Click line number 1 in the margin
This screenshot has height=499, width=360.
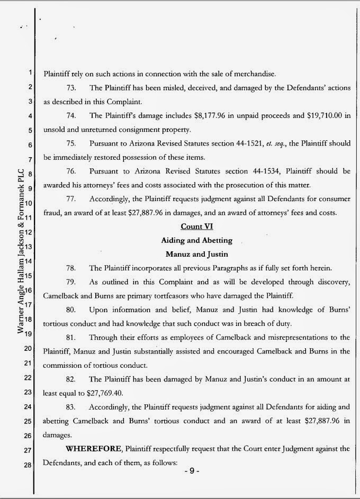[31, 73]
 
